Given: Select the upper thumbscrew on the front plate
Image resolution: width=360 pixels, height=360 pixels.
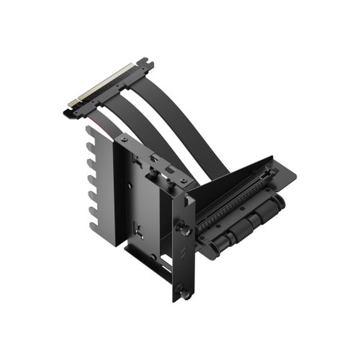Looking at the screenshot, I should pyautogui.click(x=185, y=229).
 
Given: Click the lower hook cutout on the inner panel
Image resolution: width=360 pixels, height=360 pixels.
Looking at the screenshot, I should pyautogui.click(x=140, y=234).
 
